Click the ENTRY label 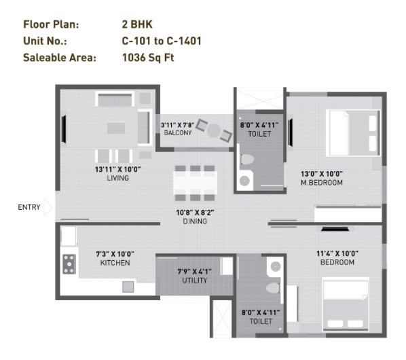tap(29, 207)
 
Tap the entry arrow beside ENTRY tap(48, 207)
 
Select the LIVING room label tap(118, 178)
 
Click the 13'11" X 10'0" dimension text tap(118, 170)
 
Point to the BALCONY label tap(178, 133)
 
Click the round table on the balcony tap(214, 131)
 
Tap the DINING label tap(195, 221)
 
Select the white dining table tap(195, 183)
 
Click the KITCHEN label tap(115, 263)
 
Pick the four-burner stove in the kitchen tap(69, 264)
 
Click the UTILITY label tap(195, 281)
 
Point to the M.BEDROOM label tap(322, 183)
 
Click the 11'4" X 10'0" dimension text tap(337, 253)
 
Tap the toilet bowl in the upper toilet tap(246, 159)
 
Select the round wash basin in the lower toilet tap(276, 266)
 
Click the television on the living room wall tap(64, 129)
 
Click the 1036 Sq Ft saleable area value tap(148, 58)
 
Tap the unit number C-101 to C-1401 tap(162, 41)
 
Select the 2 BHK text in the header tap(137, 24)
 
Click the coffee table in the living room tap(116, 128)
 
